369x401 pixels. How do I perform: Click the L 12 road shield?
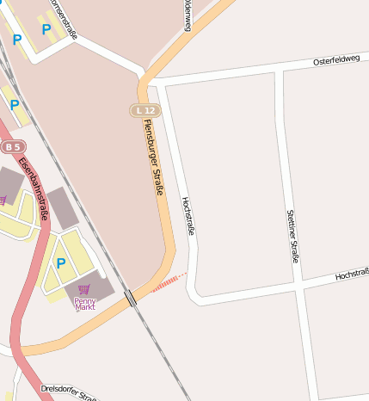145,111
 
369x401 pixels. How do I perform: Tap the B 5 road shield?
12,147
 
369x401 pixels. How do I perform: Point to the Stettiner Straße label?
292,235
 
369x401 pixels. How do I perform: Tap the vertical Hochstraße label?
188,216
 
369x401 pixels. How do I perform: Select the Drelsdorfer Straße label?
69,392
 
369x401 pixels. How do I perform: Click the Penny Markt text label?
85,303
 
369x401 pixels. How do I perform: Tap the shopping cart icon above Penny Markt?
84,290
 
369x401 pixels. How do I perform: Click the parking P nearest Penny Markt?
60,262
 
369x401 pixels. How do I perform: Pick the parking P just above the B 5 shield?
15,104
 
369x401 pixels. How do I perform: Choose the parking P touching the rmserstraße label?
46,29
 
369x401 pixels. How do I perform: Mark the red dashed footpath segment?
169,283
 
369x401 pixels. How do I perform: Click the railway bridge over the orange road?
130,298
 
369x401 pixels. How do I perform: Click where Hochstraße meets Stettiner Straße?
298,286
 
